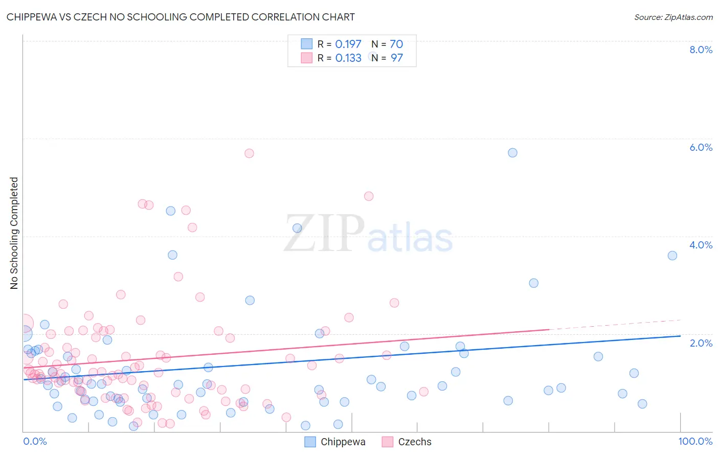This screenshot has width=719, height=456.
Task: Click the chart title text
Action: [181, 17]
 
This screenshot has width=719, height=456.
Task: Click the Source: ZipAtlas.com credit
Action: [673, 17]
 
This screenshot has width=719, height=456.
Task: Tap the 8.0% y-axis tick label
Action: [701, 50]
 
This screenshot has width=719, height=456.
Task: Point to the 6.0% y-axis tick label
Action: [701, 147]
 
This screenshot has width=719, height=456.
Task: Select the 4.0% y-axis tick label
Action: [701, 245]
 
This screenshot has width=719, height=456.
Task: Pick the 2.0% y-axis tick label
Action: [701, 343]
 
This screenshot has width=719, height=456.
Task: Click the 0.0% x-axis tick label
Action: [35, 441]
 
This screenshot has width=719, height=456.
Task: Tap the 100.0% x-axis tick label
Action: [695, 441]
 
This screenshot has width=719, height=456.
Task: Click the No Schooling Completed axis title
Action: [14, 233]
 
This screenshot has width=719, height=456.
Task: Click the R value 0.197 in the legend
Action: [348, 44]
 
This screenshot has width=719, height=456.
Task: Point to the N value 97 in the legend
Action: [397, 58]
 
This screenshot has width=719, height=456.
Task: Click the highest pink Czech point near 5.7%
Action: [249, 153]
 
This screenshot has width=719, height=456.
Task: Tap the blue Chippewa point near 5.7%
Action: [512, 153]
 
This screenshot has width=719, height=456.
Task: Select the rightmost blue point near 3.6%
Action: [672, 256]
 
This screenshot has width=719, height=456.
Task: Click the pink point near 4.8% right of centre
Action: [369, 196]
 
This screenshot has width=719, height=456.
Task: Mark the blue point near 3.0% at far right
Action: [533, 283]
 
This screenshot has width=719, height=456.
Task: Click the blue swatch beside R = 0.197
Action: [306, 44]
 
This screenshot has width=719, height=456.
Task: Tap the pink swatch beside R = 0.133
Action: [306, 58]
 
